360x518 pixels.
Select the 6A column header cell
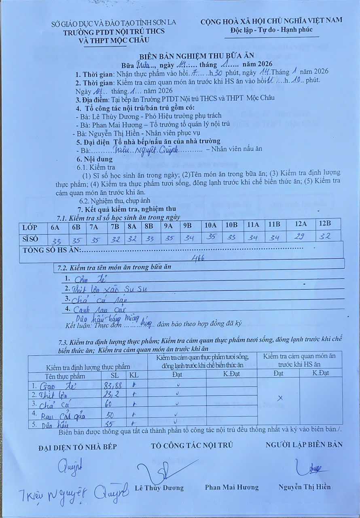click(55, 227)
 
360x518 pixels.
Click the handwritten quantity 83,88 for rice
click(112, 386)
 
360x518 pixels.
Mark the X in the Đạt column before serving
click(280, 398)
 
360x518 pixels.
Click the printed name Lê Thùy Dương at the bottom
click(159, 488)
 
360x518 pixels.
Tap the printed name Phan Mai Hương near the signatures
click(232, 487)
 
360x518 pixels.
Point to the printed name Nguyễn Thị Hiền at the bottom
click(304, 486)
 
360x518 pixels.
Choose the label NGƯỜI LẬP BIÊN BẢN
click(304, 444)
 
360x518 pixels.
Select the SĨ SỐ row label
click(30, 239)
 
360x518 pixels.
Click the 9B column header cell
click(187, 226)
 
